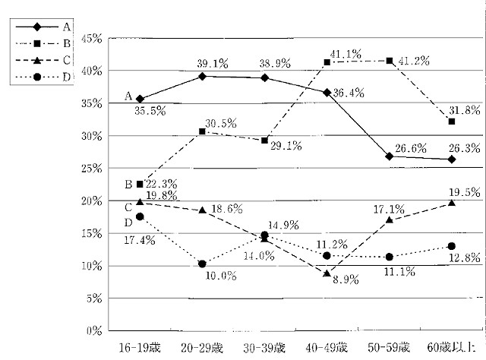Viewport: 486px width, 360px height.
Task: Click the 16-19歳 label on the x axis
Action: point(139,348)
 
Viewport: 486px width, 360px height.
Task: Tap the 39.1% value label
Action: point(213,65)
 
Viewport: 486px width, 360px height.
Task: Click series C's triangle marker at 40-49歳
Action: point(327,273)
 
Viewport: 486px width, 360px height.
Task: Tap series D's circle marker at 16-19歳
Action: point(139,216)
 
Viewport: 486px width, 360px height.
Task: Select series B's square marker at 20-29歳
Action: point(202,131)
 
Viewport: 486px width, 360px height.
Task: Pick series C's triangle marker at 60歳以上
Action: point(451,203)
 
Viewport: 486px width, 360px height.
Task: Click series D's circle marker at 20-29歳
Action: point(202,264)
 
